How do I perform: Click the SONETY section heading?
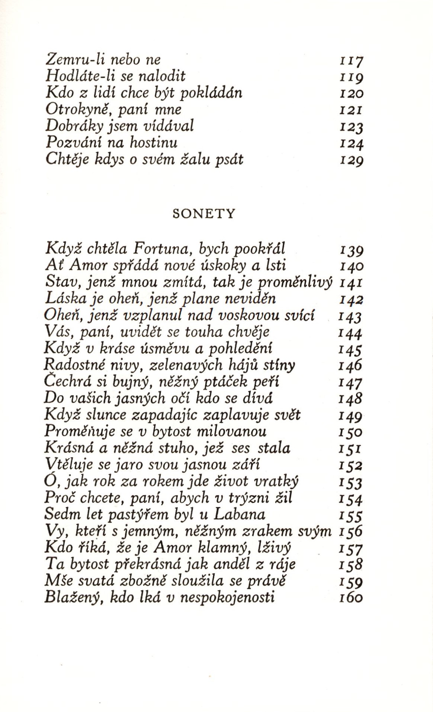point(204,214)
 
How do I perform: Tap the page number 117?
point(351,61)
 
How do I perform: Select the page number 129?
point(351,160)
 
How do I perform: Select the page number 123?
point(351,127)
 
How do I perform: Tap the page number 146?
point(350,366)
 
